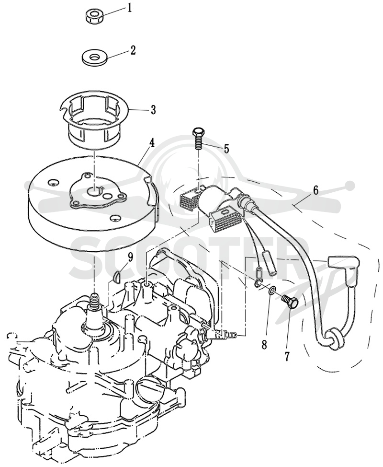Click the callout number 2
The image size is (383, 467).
point(133,50)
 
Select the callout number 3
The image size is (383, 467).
point(153,110)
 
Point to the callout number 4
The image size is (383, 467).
point(152,143)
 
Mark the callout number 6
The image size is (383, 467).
point(316,190)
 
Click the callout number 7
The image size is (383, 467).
point(287,356)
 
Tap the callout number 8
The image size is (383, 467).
point(264,345)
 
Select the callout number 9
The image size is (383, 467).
point(131,257)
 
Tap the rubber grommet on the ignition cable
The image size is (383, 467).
point(334,339)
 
